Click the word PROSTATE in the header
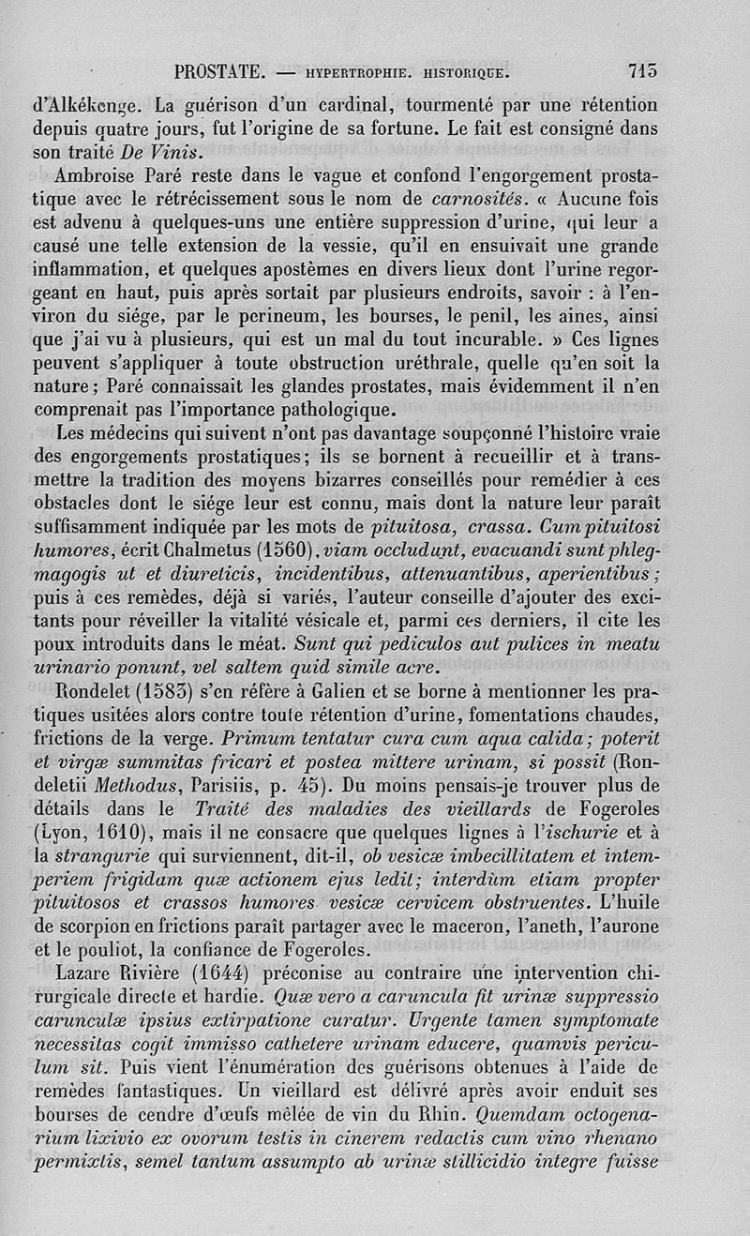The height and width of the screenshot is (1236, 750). (220, 70)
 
